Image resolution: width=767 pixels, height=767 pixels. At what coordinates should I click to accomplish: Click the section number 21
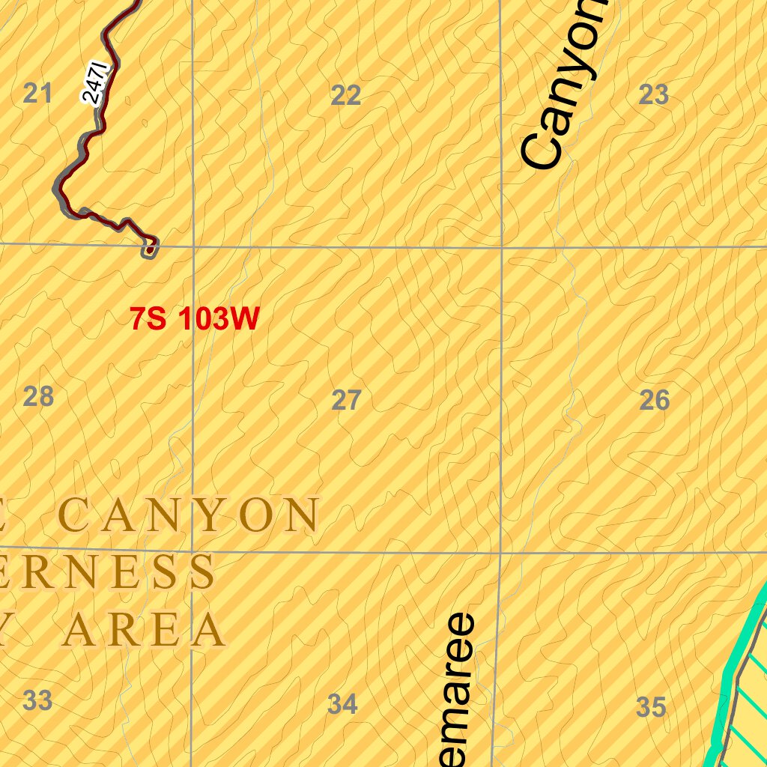tap(37, 94)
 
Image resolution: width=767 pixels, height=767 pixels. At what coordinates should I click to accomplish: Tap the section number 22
tap(346, 95)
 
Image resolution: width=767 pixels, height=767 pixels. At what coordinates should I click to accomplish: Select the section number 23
tap(654, 94)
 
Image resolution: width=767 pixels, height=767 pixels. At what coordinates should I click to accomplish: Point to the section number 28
tap(38, 396)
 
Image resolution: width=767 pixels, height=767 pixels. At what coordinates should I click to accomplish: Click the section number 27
tap(346, 401)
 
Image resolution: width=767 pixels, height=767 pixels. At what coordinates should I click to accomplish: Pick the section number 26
tap(654, 401)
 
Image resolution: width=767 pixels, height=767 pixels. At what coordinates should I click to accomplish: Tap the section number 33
tap(37, 701)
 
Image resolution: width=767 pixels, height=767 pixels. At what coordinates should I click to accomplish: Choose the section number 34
tap(342, 704)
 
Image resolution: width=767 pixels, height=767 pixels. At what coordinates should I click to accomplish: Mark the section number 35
tap(651, 706)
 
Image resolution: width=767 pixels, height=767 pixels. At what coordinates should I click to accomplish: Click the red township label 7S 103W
tap(195, 320)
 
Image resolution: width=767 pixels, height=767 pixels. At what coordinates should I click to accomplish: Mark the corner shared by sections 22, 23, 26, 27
tap(500, 246)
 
